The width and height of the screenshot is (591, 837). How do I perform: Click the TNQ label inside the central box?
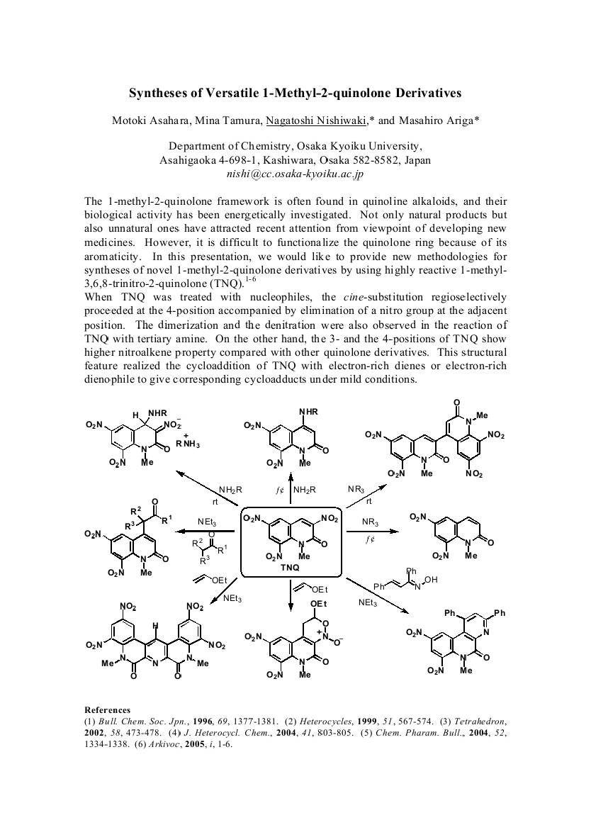coord(290,568)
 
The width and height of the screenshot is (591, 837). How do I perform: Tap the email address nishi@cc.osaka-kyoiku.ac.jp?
coord(295,173)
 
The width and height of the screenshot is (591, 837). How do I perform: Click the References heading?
coord(107,709)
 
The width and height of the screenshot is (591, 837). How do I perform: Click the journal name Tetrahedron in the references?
coord(478,720)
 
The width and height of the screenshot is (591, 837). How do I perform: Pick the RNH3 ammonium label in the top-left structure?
coord(188,444)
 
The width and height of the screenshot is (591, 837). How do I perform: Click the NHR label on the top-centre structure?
coord(308,412)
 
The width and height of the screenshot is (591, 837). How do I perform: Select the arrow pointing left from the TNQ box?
coord(206,531)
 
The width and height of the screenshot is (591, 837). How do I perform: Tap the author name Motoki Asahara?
coord(146,120)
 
